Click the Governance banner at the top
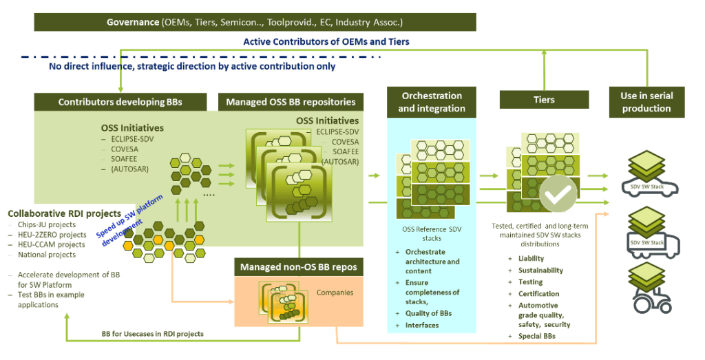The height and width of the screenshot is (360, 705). pos(255,22)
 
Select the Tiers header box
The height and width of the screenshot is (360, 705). pos(544,99)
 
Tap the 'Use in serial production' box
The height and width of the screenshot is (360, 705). pos(646,102)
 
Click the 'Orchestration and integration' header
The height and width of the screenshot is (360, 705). pos(432,102)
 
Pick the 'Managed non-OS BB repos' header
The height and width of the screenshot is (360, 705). pos(299,267)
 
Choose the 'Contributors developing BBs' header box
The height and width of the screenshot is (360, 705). pos(120,102)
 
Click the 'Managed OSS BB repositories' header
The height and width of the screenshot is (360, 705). pos(291,102)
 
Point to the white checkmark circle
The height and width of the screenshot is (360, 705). pos(558,193)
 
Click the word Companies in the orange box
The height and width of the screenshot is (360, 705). pos(335,293)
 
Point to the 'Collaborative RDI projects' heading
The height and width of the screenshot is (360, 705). pos(64,213)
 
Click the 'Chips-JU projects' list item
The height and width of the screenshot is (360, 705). pos(47,224)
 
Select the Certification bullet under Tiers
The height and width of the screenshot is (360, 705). pos(538,293)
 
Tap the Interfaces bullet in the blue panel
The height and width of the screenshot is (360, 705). pos(422,325)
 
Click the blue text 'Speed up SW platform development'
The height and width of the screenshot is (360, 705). pos(129,221)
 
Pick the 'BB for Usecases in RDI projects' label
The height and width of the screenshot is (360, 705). pos(152,334)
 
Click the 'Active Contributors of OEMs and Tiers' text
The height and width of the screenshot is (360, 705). pos(326,42)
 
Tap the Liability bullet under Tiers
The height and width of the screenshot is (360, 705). pos(531,258)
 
